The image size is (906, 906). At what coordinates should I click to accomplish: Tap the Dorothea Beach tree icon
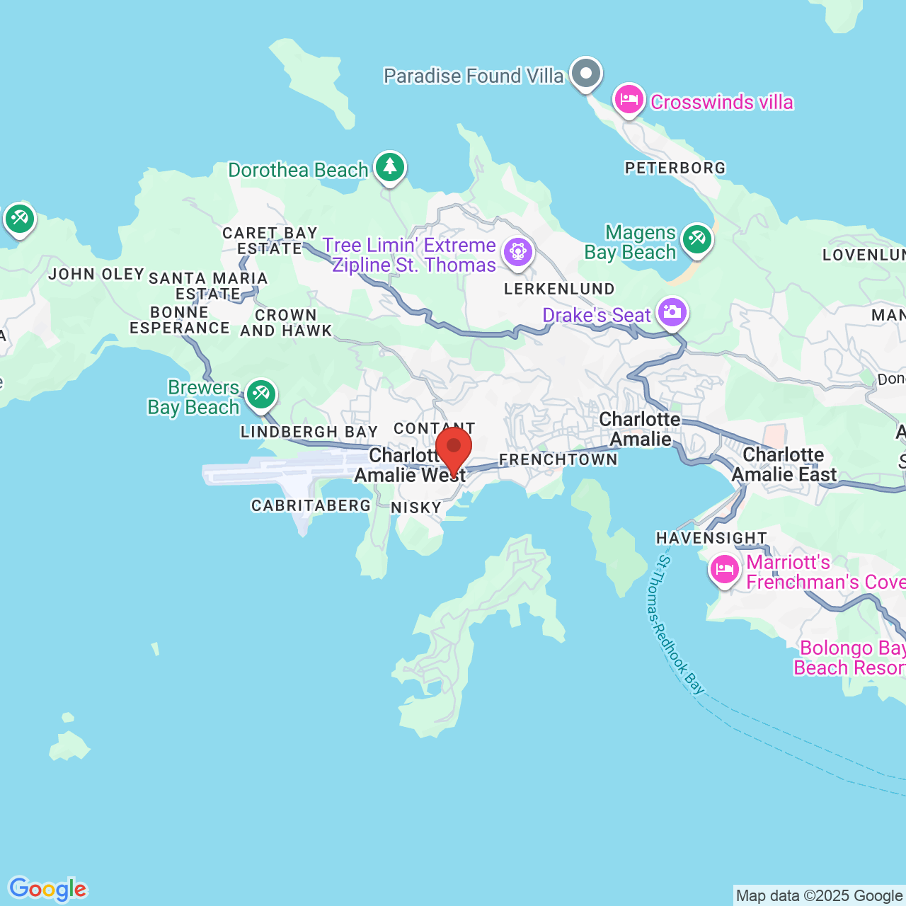pos(390,167)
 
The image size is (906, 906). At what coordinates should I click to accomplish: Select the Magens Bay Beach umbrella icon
pos(697,239)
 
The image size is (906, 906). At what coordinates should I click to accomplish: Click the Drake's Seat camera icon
pos(672,312)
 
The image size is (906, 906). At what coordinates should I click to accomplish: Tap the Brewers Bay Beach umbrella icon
pos(261,394)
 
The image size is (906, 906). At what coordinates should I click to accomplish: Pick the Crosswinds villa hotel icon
pos(629,100)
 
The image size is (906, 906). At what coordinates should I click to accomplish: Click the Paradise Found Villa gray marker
pos(585,74)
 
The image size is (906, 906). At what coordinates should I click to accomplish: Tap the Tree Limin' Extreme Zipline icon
pos(518,252)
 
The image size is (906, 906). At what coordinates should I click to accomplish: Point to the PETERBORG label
pos(675,168)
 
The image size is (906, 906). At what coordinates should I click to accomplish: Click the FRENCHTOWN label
pos(558,460)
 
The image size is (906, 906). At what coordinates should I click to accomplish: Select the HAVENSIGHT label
pos(711,539)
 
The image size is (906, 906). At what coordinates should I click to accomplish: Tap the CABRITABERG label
pos(311,505)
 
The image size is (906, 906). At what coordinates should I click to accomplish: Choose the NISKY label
pos(416,508)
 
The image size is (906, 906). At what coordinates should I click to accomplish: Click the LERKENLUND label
pos(559,289)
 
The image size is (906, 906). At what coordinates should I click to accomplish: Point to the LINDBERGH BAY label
pos(309,432)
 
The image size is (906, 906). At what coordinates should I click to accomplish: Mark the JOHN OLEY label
pos(96,274)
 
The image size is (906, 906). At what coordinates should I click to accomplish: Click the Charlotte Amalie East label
pos(784,464)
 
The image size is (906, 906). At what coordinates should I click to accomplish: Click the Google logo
pos(48,889)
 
